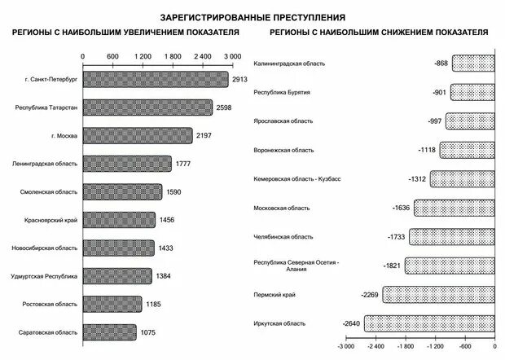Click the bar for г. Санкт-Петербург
(156, 80)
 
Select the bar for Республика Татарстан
(147, 108)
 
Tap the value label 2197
(204, 136)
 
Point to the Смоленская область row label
(49, 192)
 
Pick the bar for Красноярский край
(119, 220)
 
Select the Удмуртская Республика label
(45, 277)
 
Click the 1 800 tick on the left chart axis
(172, 56)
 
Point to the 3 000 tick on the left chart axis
(231, 56)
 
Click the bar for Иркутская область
(429, 324)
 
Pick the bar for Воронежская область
(468, 150)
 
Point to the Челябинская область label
(283, 237)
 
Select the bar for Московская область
(454, 208)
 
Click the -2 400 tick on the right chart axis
(375, 345)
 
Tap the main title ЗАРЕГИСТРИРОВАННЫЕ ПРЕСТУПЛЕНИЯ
(253, 16)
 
